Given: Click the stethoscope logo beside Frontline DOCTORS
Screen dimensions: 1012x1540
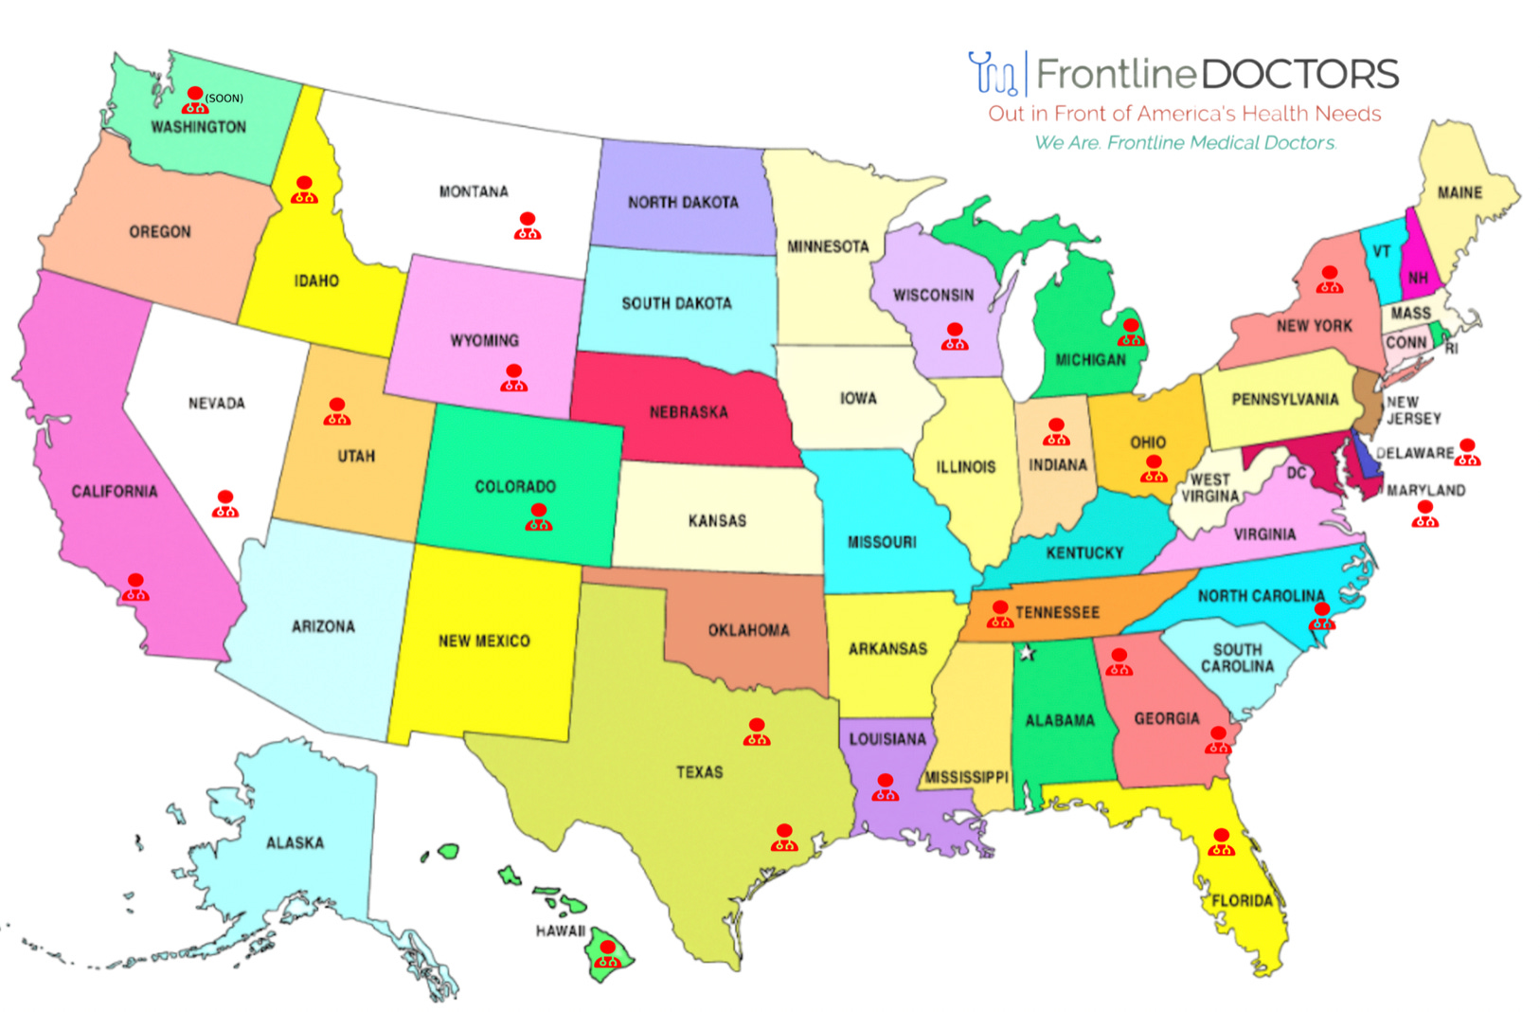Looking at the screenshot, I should [x=993, y=74].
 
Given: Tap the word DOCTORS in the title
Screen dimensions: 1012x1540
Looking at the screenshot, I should [x=1300, y=74].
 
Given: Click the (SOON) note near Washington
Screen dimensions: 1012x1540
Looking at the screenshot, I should [x=224, y=99].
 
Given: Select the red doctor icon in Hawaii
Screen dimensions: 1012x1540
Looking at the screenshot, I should [x=607, y=954].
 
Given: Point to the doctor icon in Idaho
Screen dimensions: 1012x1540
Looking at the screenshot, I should [x=304, y=190].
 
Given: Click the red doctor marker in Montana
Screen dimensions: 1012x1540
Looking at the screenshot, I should [x=528, y=226].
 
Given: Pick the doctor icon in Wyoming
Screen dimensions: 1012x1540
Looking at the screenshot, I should [x=513, y=378].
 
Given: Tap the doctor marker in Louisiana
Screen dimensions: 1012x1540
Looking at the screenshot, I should [x=885, y=787].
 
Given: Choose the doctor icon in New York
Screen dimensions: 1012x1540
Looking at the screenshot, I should [x=1330, y=280].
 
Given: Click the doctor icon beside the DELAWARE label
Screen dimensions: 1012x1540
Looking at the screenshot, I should [x=1467, y=453].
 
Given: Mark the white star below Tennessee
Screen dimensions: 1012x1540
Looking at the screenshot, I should [x=1028, y=653].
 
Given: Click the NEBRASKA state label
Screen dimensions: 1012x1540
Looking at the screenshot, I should [x=689, y=412].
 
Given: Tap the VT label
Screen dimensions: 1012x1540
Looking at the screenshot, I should [x=1382, y=252].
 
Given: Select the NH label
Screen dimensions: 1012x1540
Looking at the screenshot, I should [x=1418, y=279].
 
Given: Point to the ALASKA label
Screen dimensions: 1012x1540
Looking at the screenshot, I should [x=295, y=842].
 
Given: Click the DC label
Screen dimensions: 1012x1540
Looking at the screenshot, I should [x=1297, y=473].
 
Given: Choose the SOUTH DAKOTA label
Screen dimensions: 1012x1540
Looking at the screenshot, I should [x=676, y=303].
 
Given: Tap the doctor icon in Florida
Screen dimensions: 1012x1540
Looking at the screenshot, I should [x=1222, y=842].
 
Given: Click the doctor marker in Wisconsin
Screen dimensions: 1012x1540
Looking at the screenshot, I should [x=955, y=336].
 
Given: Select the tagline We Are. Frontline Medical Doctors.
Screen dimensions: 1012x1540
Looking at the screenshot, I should [x=1185, y=143].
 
